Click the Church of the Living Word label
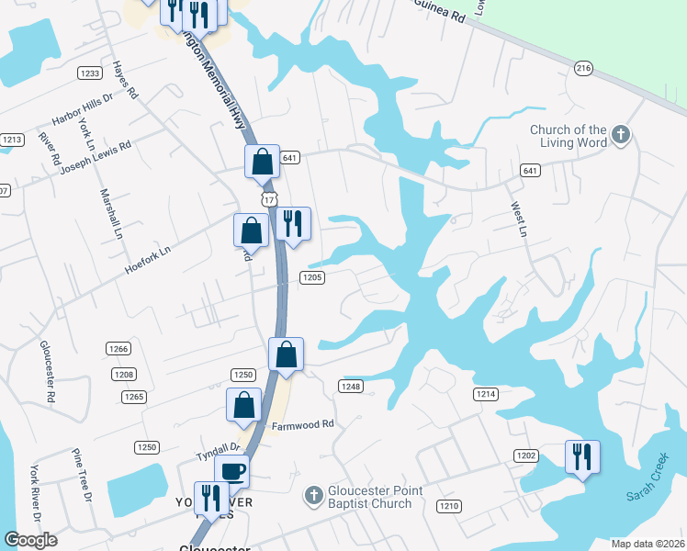pos(568,136)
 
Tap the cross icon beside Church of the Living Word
pos(621,136)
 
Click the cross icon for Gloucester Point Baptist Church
pos(312,497)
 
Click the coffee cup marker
pos(231,472)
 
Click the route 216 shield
pos(582,68)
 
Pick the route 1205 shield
pos(311,277)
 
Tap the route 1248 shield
pos(351,387)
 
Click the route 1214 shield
pos(486,394)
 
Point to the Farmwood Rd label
pos(302,425)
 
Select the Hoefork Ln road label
pos(147,258)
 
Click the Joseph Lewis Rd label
pos(96,158)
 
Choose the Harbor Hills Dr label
pos(82,107)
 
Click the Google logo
pos(30,540)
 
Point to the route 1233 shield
pos(89,73)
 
